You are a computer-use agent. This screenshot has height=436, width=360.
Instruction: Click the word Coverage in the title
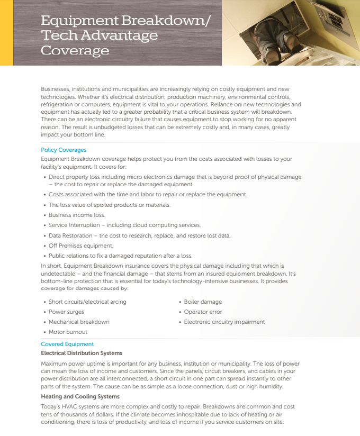pyautogui.click(x=75, y=51)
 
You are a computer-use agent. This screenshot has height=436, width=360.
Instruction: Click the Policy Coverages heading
pyautogui.click(x=64, y=150)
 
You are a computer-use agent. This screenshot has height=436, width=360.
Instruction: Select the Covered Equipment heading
pyautogui.click(x=67, y=344)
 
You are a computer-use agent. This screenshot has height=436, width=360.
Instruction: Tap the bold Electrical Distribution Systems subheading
pyautogui.click(x=82, y=353)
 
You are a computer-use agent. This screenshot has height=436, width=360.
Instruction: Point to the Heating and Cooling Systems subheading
pyautogui.click(x=80, y=396)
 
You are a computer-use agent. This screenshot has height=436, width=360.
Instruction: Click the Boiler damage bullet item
pyautogui.click(x=203, y=302)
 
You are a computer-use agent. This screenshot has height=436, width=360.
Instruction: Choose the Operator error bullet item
pyautogui.click(x=203, y=312)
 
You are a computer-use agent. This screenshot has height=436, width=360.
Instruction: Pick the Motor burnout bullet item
pyautogui.click(x=68, y=332)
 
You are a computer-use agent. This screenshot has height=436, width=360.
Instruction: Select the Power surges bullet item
pyautogui.click(x=66, y=312)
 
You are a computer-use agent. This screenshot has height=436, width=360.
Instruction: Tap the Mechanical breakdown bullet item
pyautogui.click(x=79, y=322)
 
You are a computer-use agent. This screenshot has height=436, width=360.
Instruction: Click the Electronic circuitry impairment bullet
pyautogui.click(x=224, y=322)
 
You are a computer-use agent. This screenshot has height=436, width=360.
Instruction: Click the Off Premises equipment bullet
pyautogui.click(x=81, y=246)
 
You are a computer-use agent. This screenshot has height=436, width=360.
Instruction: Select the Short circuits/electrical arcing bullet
pyautogui.click(x=87, y=302)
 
